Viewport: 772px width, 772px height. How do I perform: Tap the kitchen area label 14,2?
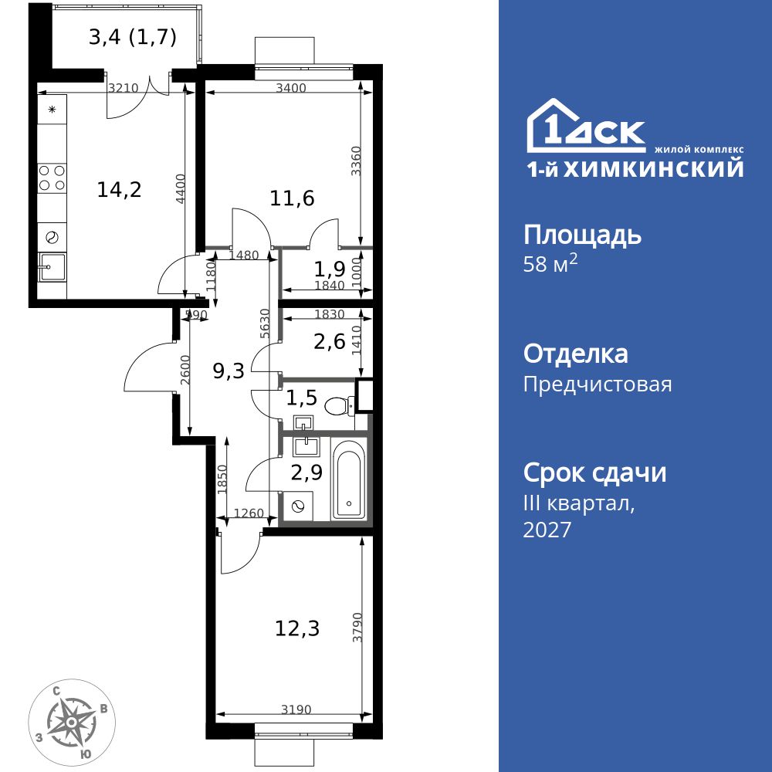[x=119, y=189]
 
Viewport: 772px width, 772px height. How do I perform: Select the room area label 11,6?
[x=292, y=198]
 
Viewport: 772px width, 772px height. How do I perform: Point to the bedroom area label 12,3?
[x=297, y=628]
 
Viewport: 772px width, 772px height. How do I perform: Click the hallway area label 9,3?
[x=229, y=371]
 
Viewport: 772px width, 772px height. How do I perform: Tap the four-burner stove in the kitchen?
[x=52, y=178]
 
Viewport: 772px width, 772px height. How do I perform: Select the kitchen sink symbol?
[x=52, y=269]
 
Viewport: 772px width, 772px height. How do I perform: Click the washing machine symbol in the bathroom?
[x=297, y=506]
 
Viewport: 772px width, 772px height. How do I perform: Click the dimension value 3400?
[x=291, y=88]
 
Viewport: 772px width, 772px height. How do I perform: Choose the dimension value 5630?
[x=265, y=324]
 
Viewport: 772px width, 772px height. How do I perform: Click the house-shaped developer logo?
[x=585, y=127]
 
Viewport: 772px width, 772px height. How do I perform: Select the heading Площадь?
[x=582, y=234]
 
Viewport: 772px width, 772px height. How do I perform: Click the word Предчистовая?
[x=597, y=384]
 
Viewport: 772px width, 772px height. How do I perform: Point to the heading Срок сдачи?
[x=594, y=472]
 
